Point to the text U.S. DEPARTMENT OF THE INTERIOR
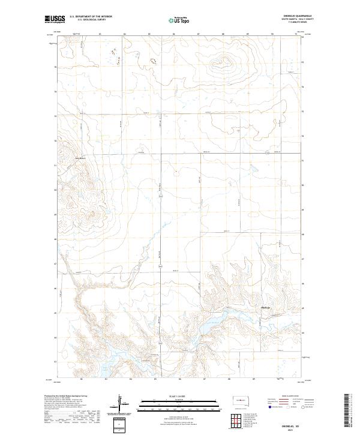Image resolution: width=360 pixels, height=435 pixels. [x=91, y=16]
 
